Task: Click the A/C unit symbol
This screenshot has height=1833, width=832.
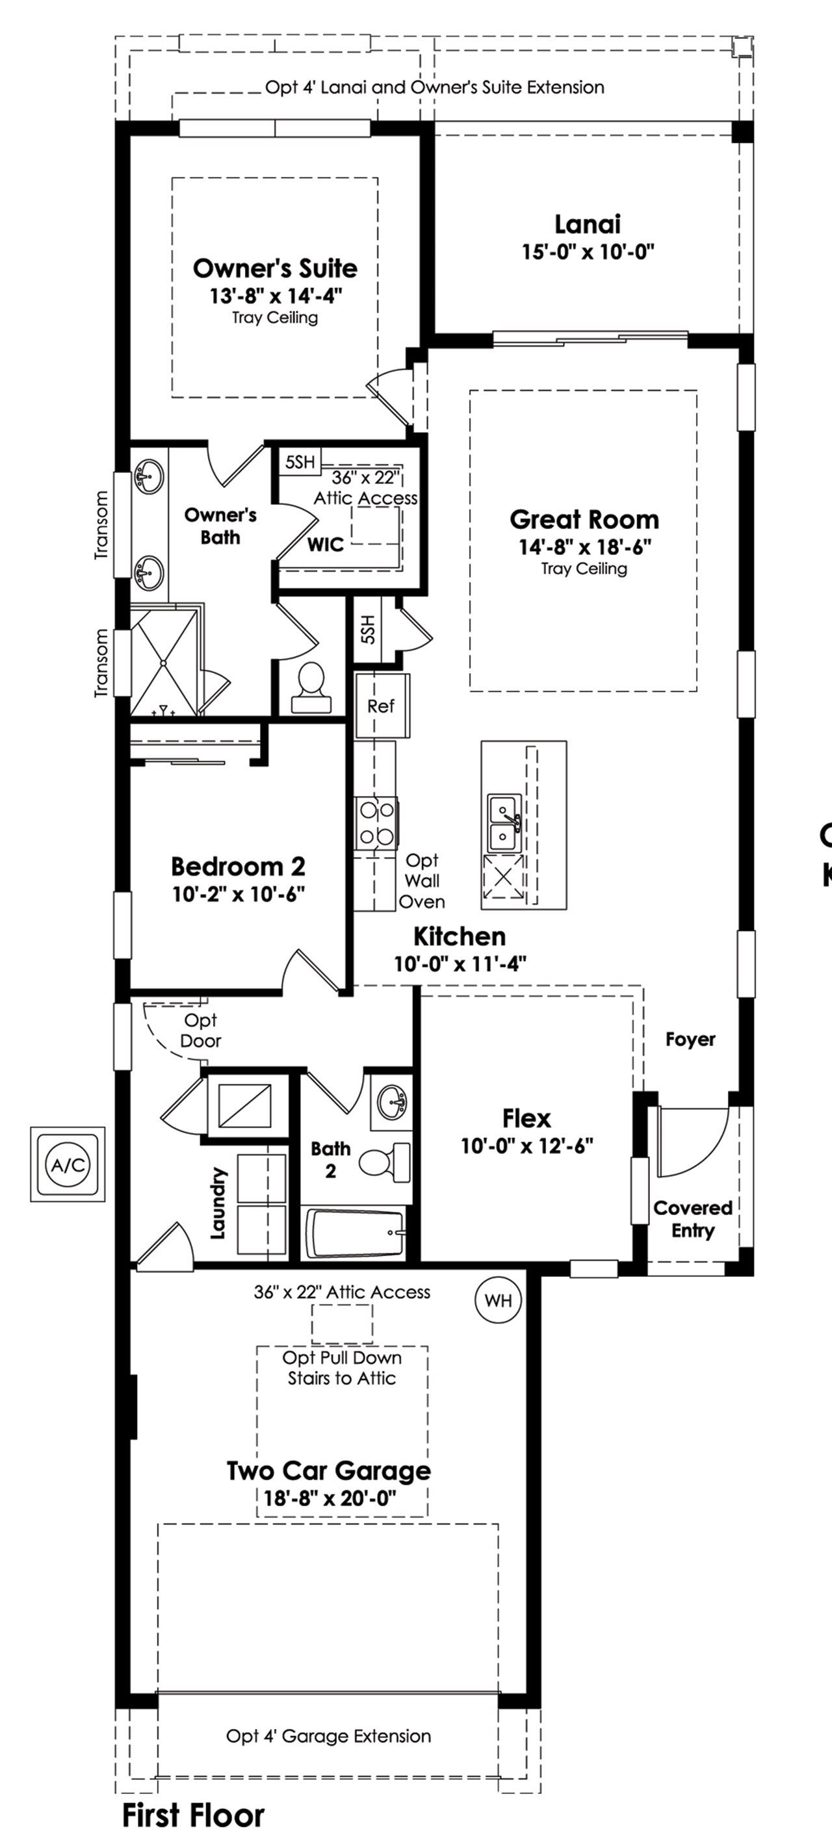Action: (68, 1165)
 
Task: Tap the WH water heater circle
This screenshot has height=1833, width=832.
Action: (497, 1300)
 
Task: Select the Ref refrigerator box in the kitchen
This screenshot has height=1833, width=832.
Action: (381, 706)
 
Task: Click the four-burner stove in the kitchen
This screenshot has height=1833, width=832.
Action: (376, 823)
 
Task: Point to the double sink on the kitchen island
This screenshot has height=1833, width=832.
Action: (504, 823)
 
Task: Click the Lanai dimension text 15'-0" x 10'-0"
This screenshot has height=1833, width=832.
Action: (587, 252)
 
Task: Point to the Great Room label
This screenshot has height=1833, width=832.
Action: (584, 519)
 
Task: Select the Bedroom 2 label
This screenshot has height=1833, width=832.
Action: (238, 866)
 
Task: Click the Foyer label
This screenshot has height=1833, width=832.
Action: (690, 1039)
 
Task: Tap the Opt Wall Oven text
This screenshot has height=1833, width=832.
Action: (421, 881)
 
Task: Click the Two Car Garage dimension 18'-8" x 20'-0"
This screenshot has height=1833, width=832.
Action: (329, 1498)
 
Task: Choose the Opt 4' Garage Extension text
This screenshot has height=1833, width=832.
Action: (328, 1736)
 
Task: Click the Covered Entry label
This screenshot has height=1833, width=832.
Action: (692, 1219)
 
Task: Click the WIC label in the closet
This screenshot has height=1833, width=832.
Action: (325, 545)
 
